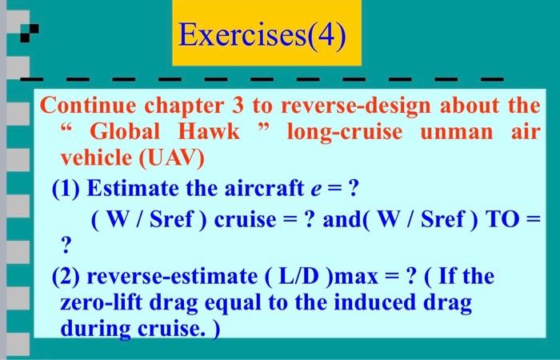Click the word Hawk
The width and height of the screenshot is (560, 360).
point(208,132)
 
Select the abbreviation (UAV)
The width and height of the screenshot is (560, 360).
point(173,158)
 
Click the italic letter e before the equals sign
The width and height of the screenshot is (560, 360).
point(318,190)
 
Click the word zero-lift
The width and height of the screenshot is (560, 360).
point(97,302)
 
